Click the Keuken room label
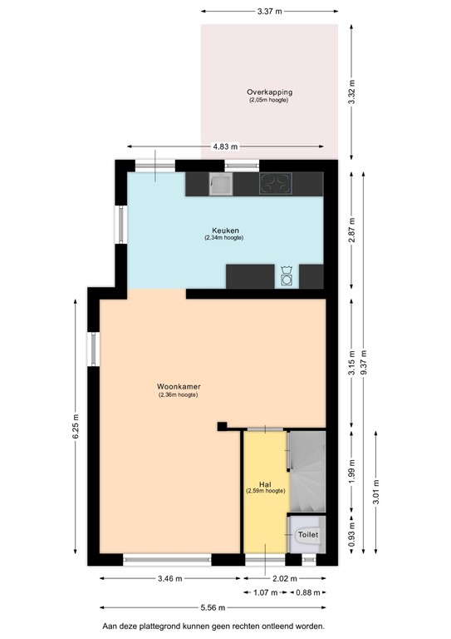coord(223,230)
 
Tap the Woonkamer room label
coord(179,386)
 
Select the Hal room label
coord(265,483)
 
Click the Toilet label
coord(307,535)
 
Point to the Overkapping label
coord(269,92)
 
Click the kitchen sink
coord(221,183)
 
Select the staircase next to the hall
coord(306,472)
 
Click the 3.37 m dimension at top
coord(269,11)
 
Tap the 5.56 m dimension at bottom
coord(213,608)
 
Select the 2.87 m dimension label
coord(351,230)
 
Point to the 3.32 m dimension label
coord(351,90)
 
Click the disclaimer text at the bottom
coord(213,626)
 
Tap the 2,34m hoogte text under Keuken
coord(223,238)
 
